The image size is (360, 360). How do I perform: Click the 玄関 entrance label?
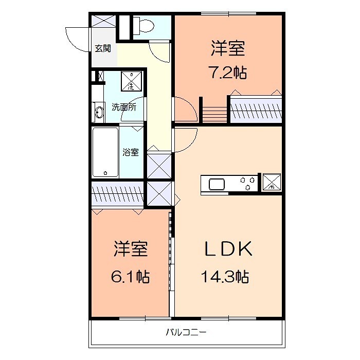(x=103, y=48)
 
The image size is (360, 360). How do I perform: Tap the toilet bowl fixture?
(x=143, y=25)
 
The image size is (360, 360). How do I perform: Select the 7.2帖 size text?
(x=227, y=73)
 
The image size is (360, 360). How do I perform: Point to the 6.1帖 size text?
(x=130, y=277)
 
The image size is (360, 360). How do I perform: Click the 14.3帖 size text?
(x=225, y=277)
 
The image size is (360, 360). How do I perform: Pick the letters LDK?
(x=228, y=248)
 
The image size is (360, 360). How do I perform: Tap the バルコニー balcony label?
(x=186, y=332)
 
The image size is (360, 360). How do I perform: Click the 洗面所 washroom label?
(x=124, y=107)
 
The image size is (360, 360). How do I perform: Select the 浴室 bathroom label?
(x=131, y=152)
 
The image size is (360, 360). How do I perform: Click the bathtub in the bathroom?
(x=105, y=152)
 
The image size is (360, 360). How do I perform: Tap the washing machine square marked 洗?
(x=131, y=81)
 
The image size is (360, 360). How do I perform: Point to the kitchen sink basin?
(x=217, y=184)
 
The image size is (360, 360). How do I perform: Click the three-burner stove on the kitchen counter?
(x=247, y=183)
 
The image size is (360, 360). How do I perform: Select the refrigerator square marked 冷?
(x=272, y=182)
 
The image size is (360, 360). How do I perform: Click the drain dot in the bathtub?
(x=105, y=173)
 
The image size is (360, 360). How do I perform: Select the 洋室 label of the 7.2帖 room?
(x=228, y=48)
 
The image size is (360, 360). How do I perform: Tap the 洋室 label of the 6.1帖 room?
(x=131, y=248)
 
